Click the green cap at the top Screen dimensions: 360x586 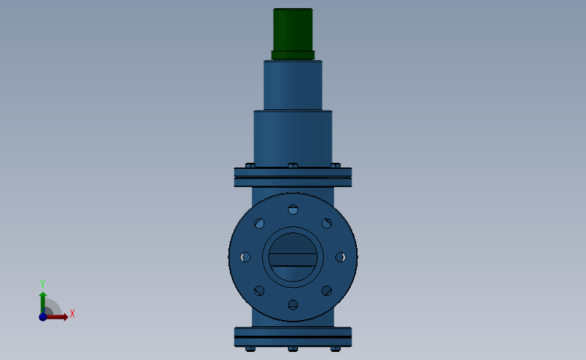point(293,29)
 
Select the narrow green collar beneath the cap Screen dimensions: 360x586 point(293,55)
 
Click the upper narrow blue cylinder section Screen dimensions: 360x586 point(293,85)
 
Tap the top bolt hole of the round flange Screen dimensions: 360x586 point(293,209)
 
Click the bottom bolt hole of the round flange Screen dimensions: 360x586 point(293,305)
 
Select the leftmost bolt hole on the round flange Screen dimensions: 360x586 point(245,257)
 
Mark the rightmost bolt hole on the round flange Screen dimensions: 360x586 point(341,257)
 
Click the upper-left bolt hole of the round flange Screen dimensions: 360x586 point(260,224)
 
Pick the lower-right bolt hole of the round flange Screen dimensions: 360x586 point(326,290)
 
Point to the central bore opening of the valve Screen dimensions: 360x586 point(293,257)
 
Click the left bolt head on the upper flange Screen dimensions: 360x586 point(250,165)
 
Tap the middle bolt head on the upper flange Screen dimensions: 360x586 point(293,165)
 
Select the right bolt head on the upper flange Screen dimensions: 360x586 point(335,165)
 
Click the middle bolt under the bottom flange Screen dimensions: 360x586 point(293,349)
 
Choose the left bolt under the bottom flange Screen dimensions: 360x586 point(251,349)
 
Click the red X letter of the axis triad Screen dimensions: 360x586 point(72,313)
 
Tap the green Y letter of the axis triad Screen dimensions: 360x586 point(42,284)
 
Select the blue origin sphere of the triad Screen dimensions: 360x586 point(43,316)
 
